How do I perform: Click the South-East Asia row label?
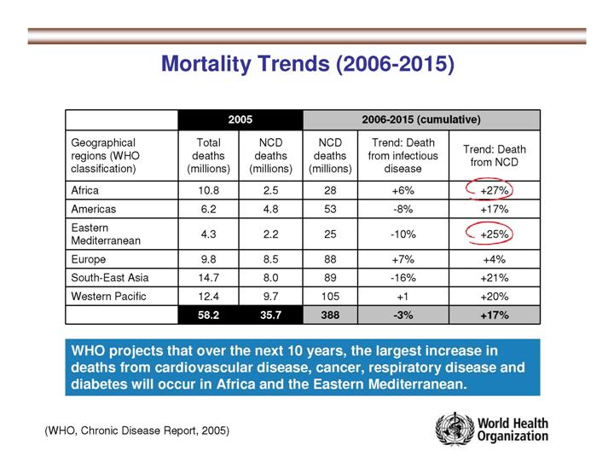[101, 276]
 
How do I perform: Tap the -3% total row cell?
[400, 315]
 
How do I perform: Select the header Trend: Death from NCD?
[495, 154]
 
